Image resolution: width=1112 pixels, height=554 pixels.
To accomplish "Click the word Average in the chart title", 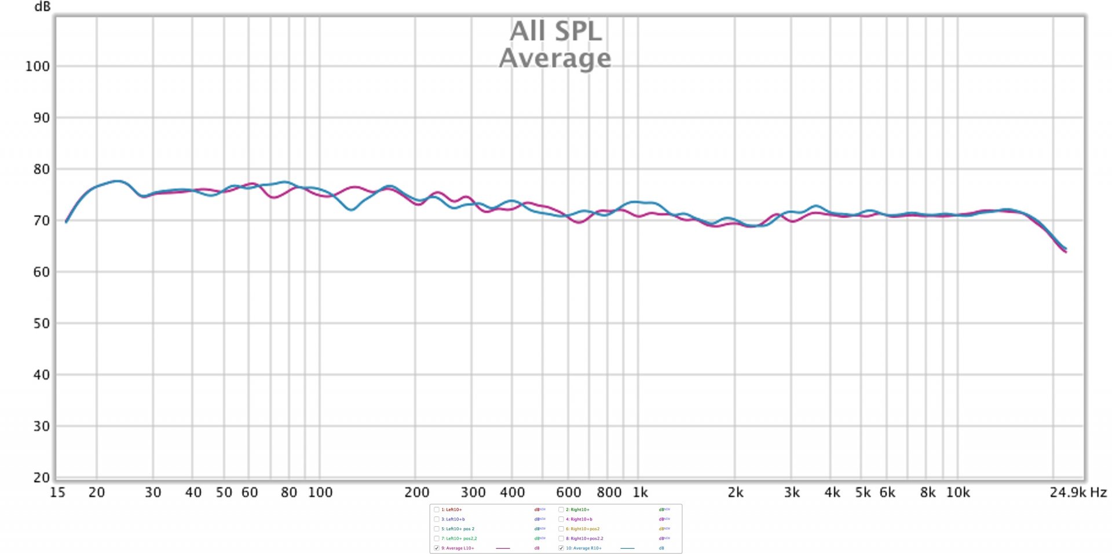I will (x=555, y=58).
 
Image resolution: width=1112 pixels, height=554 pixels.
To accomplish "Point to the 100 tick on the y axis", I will (x=38, y=67).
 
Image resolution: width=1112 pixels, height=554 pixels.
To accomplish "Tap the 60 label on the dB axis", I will (x=41, y=272).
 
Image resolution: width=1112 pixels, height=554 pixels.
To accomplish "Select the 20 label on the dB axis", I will (x=41, y=478).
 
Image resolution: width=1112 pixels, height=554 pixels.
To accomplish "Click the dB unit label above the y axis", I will (x=42, y=7).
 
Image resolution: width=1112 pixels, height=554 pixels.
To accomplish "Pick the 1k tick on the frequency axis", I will (x=640, y=493).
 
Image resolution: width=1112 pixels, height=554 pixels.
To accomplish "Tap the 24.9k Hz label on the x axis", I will (x=1078, y=493).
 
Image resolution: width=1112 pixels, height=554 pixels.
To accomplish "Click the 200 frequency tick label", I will (x=416, y=493).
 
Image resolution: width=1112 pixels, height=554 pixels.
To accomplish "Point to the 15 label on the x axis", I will (x=57, y=493).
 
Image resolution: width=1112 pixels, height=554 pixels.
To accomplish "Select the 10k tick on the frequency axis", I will (x=958, y=493).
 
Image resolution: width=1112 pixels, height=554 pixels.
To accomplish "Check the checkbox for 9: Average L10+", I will (x=437, y=548).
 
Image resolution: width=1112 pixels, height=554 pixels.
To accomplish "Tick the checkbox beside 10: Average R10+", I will (x=561, y=548).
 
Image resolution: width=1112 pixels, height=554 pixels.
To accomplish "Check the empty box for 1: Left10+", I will (x=437, y=510).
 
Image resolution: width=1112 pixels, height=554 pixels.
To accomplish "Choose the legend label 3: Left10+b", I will (x=453, y=519).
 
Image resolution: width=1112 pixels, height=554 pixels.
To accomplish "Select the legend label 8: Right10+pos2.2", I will (x=584, y=538).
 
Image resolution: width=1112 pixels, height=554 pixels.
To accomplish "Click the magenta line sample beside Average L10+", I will (x=503, y=548).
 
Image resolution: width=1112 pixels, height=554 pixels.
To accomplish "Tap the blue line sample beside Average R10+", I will (x=627, y=548).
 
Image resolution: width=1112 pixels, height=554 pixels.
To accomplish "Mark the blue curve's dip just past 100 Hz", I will (x=351, y=210).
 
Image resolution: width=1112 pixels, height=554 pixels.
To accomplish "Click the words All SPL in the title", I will (x=555, y=31).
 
